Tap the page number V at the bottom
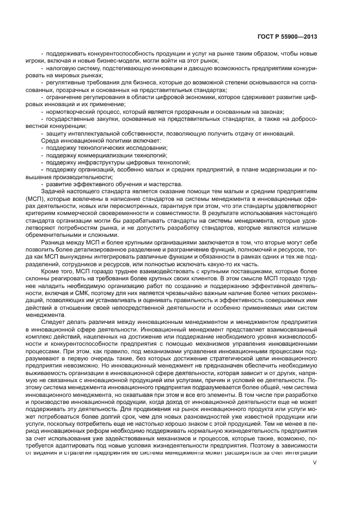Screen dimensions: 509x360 (314, 463)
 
